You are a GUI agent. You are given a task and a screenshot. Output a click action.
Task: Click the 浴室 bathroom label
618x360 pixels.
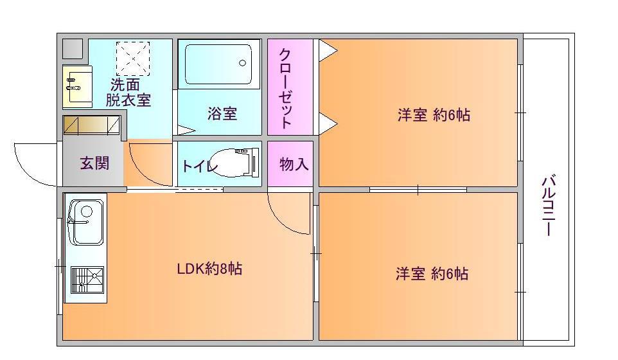pos(222,114)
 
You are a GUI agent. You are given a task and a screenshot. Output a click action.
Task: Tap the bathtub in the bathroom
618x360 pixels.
pos(219,64)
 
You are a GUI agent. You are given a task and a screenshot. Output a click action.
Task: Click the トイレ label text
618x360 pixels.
pos(200,166)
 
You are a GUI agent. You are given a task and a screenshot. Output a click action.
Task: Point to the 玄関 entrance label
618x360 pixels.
pos(94,163)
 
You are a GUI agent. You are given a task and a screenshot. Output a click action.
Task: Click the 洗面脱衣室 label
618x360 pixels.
pos(128,92)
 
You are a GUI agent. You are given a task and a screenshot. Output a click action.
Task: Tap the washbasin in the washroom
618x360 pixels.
pos(74,85)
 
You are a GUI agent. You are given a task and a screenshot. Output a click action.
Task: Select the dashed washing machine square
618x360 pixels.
pos(133,59)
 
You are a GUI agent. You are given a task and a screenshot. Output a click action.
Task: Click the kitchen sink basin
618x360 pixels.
pos(85,221)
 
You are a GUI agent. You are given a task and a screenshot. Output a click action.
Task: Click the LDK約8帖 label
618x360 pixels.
pos(209,269)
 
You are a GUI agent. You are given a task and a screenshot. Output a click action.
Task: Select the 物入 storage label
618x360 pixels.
pos(294,165)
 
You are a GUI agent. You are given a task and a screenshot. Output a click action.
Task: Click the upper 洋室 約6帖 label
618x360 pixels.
pos(433,115)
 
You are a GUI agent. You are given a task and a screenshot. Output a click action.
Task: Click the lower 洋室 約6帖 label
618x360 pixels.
pos(431,274)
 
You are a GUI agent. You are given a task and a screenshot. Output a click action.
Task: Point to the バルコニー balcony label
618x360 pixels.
pos(548,206)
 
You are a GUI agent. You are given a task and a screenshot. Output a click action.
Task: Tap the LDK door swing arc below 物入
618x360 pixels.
pos(288,217)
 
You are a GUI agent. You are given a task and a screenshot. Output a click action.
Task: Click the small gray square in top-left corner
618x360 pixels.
pos(73,49)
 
